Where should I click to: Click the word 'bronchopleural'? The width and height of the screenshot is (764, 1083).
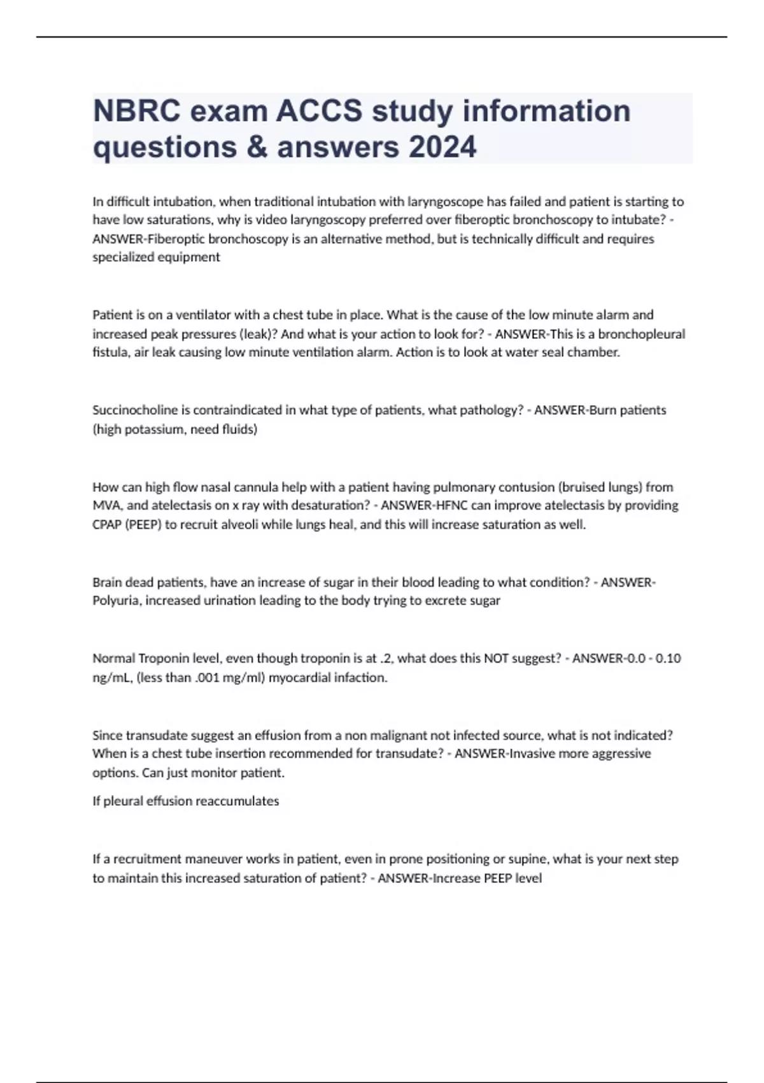tap(642, 334)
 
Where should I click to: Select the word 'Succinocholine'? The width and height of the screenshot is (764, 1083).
tap(135, 410)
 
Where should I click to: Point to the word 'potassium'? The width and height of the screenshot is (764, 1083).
tap(155, 429)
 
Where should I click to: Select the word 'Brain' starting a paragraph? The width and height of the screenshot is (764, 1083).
tap(108, 582)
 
